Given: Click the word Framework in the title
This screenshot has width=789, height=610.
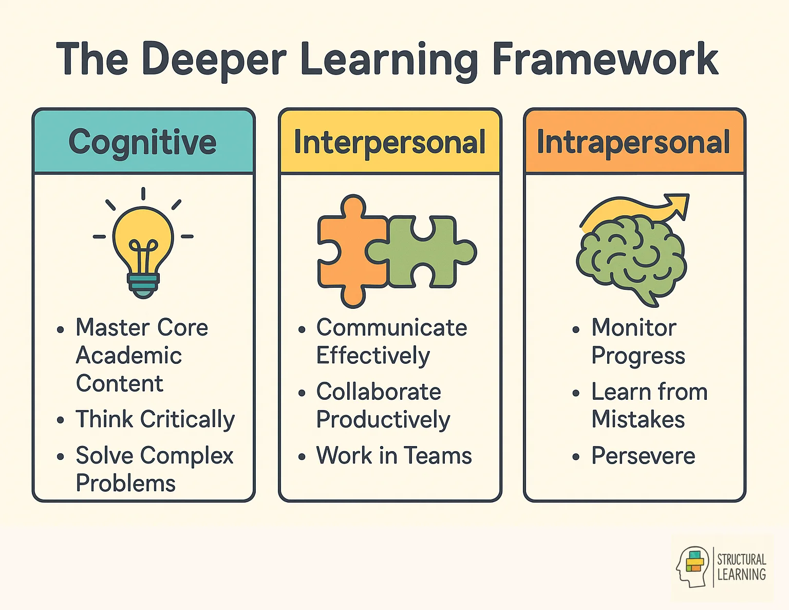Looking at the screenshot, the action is point(605,60).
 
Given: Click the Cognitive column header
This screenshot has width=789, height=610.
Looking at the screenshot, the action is point(142,142).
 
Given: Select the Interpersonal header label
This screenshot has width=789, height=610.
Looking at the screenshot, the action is point(389,142).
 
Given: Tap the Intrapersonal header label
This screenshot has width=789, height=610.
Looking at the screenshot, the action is point(633,142).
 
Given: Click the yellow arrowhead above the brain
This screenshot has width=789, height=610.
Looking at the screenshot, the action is point(678,204).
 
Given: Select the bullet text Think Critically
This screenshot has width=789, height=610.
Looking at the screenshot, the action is point(155,419).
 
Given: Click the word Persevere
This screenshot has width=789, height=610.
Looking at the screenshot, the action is point(643,456).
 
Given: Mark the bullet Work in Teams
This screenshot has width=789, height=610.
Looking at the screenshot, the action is point(394,456).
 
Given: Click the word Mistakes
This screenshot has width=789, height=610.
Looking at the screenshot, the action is point(638,420).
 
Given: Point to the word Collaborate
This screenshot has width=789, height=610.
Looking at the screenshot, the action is point(379,392).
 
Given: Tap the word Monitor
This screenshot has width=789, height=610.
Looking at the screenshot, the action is point(634,328).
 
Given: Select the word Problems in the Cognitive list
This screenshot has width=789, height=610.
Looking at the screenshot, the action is point(126,484).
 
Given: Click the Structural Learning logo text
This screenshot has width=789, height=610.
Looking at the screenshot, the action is point(741,567).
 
